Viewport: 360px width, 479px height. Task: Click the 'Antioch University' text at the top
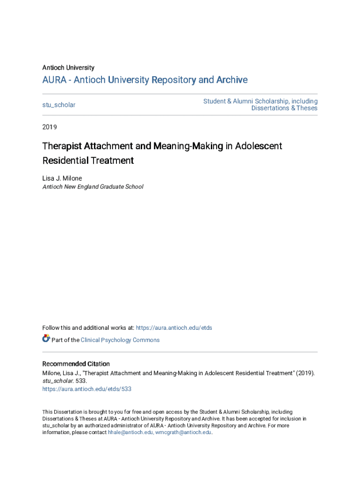click(68, 68)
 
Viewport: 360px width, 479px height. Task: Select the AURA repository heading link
click(145, 80)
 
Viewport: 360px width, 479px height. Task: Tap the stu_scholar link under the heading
click(59, 105)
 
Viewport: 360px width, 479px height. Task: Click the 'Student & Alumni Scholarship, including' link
click(260, 101)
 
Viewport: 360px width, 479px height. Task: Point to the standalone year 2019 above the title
click(50, 127)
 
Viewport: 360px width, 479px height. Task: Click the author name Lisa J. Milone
click(62, 178)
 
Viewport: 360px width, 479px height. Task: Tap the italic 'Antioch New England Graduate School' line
click(93, 187)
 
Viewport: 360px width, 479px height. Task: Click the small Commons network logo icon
click(46, 339)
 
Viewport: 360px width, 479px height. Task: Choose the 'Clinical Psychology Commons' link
click(120, 340)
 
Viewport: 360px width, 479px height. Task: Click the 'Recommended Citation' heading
click(76, 364)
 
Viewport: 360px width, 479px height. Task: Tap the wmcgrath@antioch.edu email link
click(183, 432)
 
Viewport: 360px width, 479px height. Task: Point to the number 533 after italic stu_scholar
click(80, 381)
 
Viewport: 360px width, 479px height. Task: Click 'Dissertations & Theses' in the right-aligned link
click(284, 108)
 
